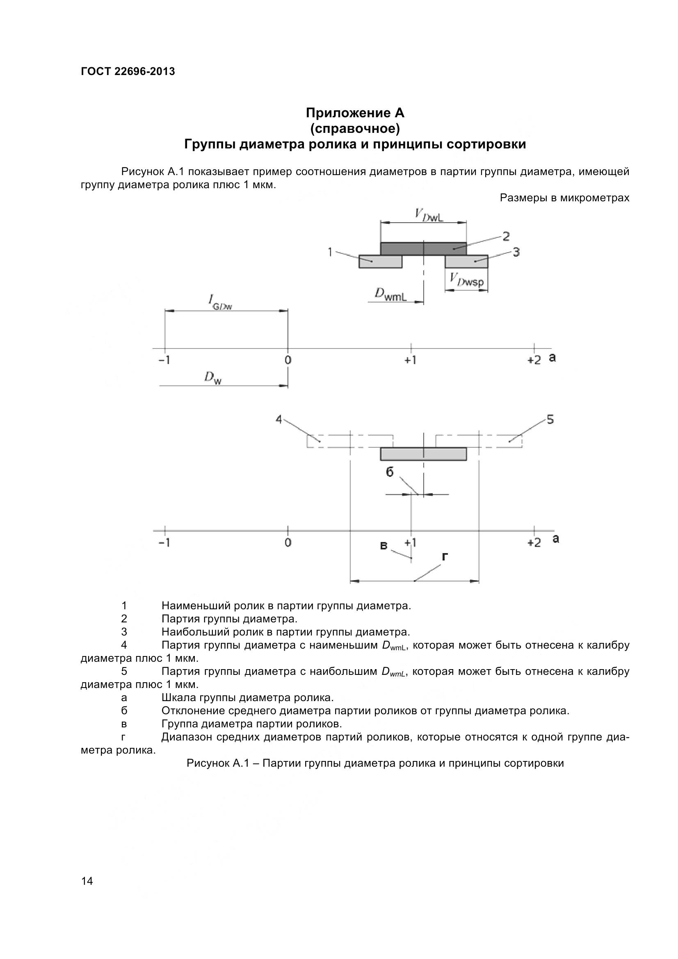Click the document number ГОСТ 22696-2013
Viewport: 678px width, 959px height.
tap(128, 71)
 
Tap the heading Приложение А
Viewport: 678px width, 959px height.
tap(355, 113)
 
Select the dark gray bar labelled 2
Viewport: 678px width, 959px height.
tap(423, 248)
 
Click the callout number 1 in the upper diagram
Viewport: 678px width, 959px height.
tap(330, 252)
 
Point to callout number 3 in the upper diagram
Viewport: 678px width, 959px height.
tap(516, 252)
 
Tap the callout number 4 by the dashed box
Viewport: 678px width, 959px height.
tap(279, 419)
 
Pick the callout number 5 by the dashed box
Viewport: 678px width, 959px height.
tap(550, 419)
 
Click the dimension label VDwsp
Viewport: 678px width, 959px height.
tap(467, 282)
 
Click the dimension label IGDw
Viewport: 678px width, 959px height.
tap(220, 303)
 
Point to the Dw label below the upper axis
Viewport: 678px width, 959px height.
tap(212, 378)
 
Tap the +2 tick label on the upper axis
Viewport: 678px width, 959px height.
tap(534, 360)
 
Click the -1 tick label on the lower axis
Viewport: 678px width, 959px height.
tap(164, 542)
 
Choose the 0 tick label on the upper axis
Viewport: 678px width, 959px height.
tap(288, 360)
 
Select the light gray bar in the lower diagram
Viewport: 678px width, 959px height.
tap(423, 454)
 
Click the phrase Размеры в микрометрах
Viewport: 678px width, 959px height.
tap(564, 198)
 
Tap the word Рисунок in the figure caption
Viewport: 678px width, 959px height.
tap(206, 763)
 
